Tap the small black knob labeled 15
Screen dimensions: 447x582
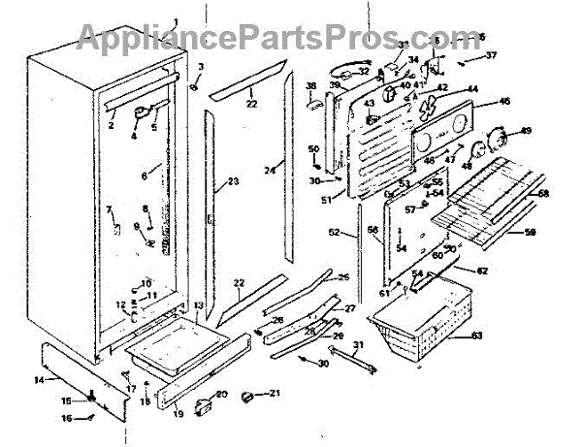point(91,398)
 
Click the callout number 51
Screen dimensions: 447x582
point(326,201)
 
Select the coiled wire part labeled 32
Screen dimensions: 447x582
point(341,69)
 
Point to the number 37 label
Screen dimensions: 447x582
point(490,55)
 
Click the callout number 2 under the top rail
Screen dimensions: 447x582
point(112,125)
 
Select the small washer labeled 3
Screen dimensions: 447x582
point(193,84)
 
